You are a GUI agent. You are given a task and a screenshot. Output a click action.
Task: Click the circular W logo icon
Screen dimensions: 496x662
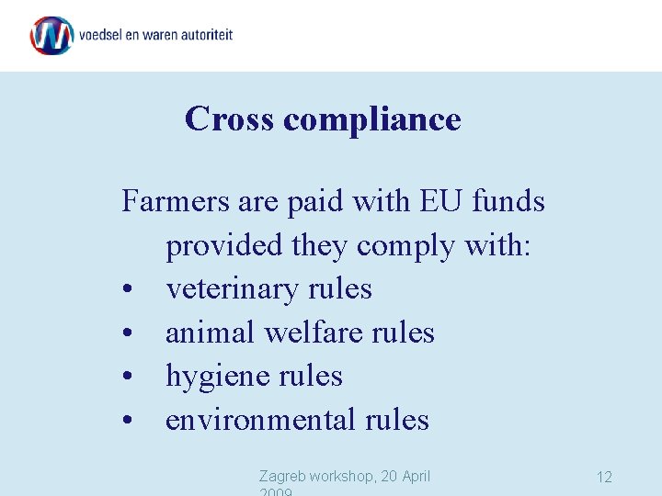[51, 36]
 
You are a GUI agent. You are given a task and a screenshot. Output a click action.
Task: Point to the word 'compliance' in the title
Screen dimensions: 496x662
[372, 119]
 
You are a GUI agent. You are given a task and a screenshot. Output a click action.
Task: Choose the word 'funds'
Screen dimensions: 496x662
[508, 200]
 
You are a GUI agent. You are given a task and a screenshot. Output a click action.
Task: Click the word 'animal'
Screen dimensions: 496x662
[211, 332]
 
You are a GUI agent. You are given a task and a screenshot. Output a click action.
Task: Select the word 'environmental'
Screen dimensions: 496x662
[260, 420]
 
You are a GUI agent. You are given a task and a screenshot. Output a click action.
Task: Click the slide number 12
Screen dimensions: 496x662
[604, 477]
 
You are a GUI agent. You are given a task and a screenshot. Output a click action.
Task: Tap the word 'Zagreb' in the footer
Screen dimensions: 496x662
[281, 476]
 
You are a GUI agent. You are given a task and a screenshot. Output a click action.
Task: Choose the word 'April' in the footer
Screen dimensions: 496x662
[410, 476]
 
